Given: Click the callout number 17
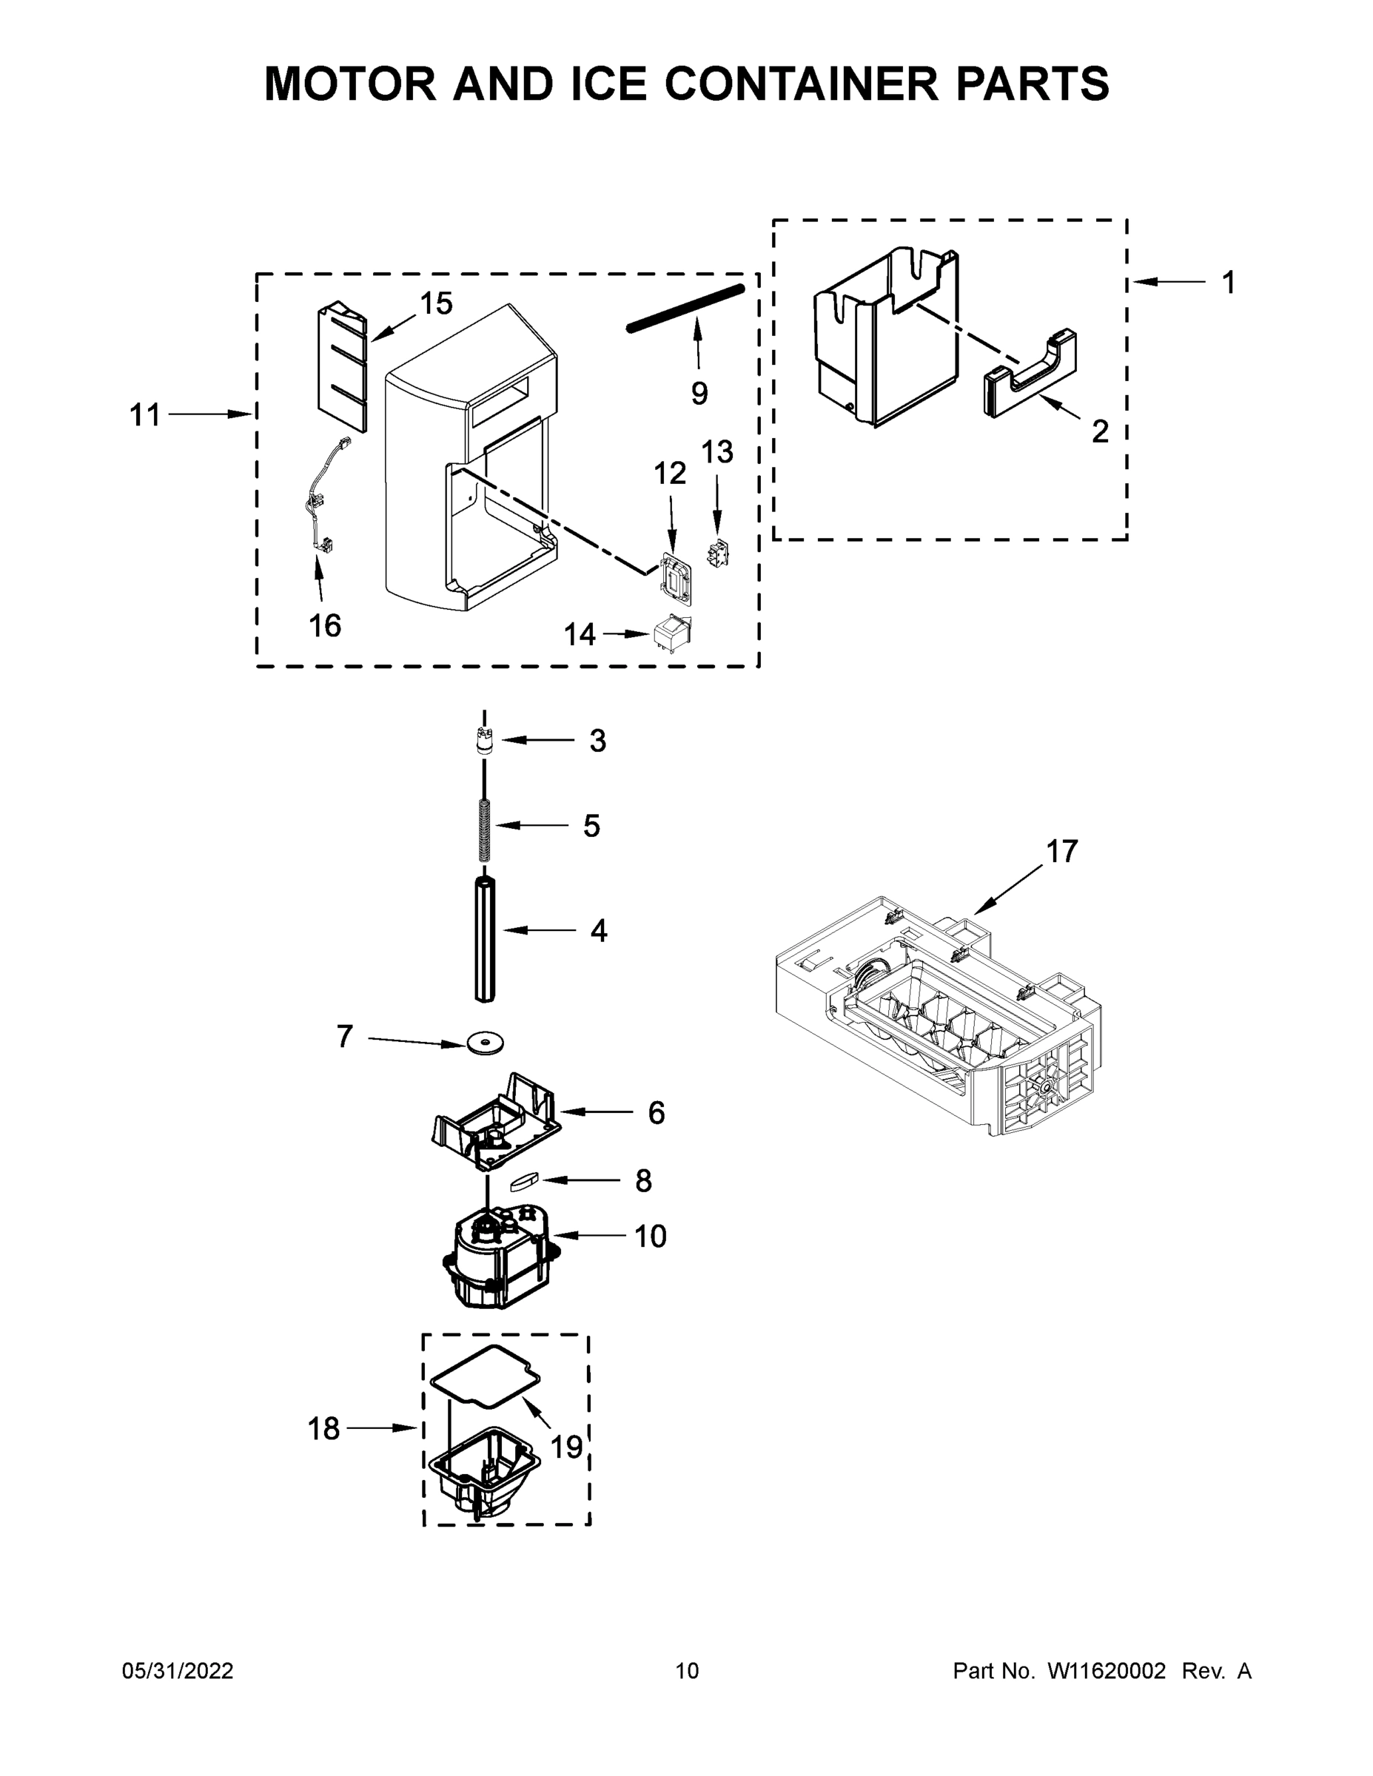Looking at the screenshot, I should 1061,852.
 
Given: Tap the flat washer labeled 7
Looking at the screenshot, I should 485,1043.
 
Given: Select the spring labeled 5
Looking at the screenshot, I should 485,829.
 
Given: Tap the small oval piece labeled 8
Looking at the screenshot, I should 525,1181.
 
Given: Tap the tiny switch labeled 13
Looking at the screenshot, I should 718,553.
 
